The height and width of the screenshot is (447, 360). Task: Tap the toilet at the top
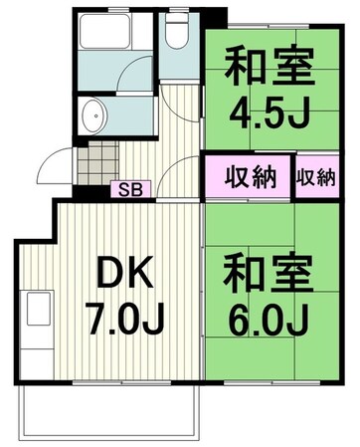(x=178, y=36)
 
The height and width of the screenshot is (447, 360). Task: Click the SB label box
(x=130, y=187)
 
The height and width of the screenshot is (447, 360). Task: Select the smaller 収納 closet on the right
(x=315, y=178)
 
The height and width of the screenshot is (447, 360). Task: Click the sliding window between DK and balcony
(x=109, y=381)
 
